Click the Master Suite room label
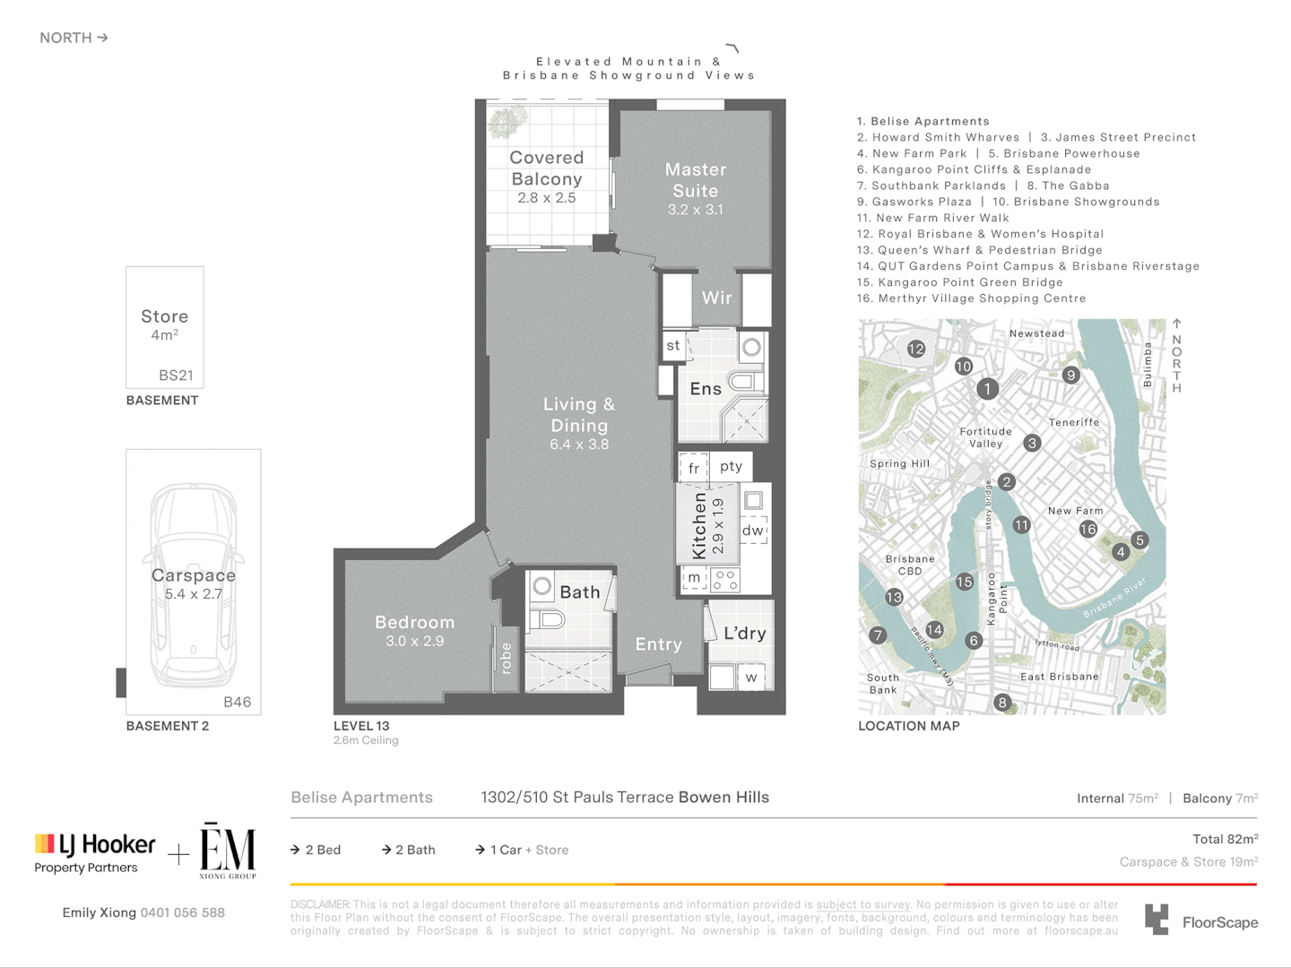coord(695,180)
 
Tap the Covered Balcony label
coord(546,168)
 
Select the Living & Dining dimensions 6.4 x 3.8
coord(579,445)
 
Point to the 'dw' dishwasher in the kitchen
coord(753,531)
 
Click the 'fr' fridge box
coord(693,468)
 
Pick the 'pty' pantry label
coord(731,466)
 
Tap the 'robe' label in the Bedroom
coord(506,658)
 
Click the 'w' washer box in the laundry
coord(751,678)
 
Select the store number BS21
coord(176,376)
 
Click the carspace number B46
coord(237,702)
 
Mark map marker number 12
coord(915,349)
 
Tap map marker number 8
coord(1002,703)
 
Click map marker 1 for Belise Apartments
coord(987,389)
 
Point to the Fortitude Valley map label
coord(985,437)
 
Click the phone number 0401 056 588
coord(182,912)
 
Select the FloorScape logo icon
coord(1157,920)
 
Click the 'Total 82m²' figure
coord(1225,839)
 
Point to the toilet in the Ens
coord(744,382)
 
